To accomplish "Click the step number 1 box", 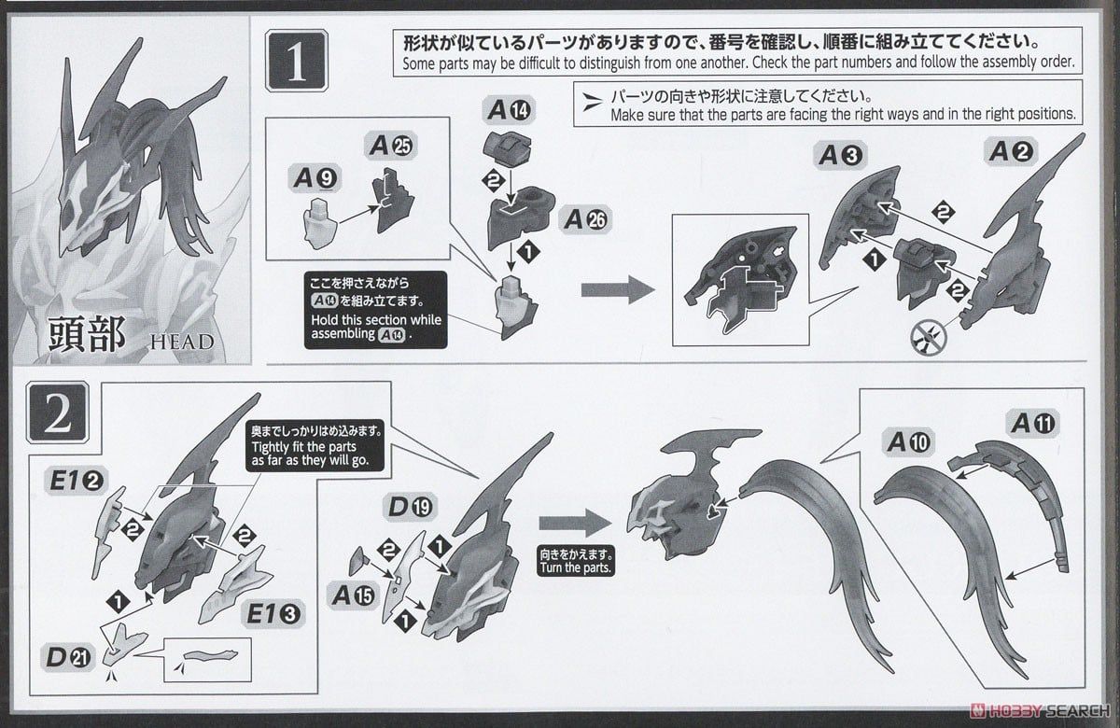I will [296, 63].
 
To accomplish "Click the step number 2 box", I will [57, 416].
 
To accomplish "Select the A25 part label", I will [392, 146].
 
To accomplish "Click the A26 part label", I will [584, 219].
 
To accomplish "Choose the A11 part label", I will [1032, 424].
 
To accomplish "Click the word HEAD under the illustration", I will [181, 341].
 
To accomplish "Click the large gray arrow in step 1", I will [617, 290].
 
